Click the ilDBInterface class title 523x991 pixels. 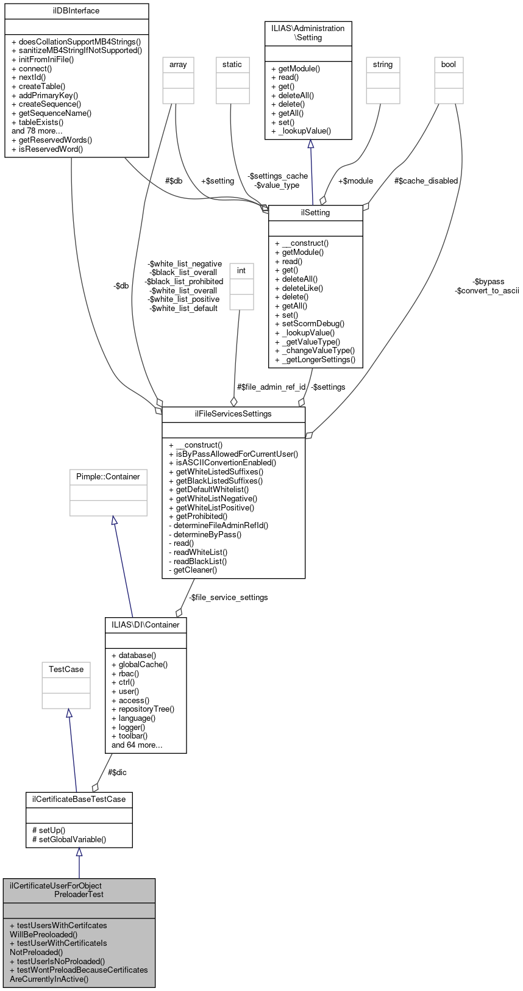coord(76,11)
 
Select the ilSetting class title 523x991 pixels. coord(315,213)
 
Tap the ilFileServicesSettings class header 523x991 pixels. coord(233,414)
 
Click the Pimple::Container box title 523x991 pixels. coord(108,477)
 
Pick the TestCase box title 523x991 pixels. coord(66,670)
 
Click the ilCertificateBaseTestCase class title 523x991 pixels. coord(79,800)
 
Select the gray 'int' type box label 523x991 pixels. coord(241,271)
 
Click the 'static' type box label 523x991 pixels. coord(232,65)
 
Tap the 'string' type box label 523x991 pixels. coord(383,65)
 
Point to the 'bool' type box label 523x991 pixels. coord(449,65)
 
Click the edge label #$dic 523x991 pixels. coord(117,773)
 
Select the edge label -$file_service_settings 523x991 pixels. coord(228,598)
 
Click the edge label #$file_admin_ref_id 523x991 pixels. coord(271,387)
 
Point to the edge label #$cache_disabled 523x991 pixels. coord(425,181)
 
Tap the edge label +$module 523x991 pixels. coord(355,181)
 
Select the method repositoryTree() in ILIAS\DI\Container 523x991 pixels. coord(146,709)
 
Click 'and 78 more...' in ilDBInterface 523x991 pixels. coord(37,131)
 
